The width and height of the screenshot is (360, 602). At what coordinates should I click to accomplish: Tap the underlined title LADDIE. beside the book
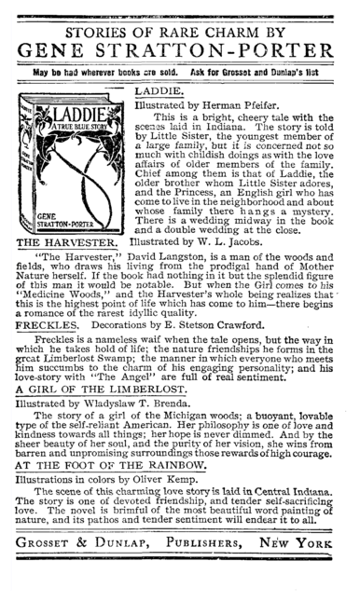click(x=165, y=95)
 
